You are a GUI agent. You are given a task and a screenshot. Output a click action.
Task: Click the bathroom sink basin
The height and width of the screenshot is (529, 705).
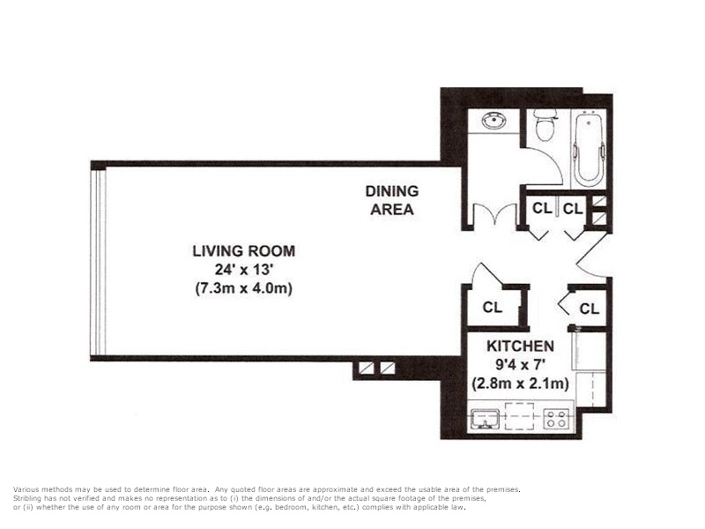[x=494, y=121]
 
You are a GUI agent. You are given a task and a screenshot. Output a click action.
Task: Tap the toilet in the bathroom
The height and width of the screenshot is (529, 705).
[x=545, y=124]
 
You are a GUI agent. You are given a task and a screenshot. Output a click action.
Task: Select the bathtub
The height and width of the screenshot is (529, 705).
[x=589, y=147]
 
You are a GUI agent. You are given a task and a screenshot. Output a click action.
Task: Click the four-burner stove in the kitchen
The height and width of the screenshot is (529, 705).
[x=556, y=419]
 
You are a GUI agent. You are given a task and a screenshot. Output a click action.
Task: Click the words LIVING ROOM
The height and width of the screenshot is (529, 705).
[x=244, y=251]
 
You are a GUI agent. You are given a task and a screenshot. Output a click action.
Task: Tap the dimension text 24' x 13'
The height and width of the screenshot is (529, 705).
[x=244, y=270]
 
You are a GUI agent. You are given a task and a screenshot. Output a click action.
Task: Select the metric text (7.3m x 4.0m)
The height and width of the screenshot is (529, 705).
[x=244, y=288]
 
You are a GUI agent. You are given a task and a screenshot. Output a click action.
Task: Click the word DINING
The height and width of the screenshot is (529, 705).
[x=391, y=191]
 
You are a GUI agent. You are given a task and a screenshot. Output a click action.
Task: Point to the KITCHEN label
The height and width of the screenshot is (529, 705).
[x=520, y=346]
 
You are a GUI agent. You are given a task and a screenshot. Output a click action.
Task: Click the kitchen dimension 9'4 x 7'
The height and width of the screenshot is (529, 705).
[x=520, y=364]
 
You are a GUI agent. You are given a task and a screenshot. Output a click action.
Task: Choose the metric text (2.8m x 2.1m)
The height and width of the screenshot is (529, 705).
[x=520, y=384]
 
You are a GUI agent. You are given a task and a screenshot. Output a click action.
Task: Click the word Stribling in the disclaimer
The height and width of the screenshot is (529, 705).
[x=27, y=499]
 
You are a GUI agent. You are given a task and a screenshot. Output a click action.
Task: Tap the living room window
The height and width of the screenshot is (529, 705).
[x=99, y=261]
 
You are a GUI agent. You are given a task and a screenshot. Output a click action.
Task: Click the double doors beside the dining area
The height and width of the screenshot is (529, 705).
[x=495, y=214]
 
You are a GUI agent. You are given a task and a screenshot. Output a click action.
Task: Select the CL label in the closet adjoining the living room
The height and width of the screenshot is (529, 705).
[x=493, y=307]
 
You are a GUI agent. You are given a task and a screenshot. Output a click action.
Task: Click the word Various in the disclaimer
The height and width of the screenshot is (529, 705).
[x=27, y=489]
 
